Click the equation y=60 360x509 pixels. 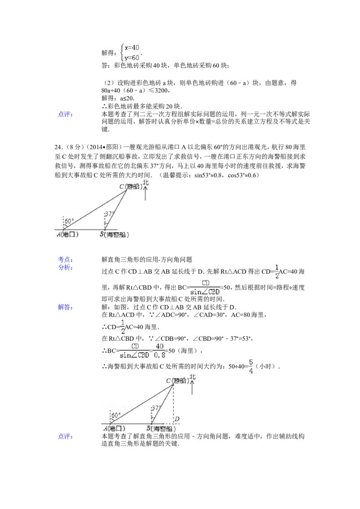[x=132, y=58]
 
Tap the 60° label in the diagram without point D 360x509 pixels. [x=69, y=221]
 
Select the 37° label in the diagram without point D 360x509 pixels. [x=110, y=214]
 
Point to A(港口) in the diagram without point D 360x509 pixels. [x=68, y=234]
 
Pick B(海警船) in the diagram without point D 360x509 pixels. [x=116, y=234]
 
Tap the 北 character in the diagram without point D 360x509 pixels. [x=145, y=184]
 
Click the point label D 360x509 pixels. [x=177, y=420]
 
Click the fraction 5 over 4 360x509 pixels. [x=251, y=366]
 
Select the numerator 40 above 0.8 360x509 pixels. [x=160, y=346]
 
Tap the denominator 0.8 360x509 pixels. [x=160, y=355]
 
